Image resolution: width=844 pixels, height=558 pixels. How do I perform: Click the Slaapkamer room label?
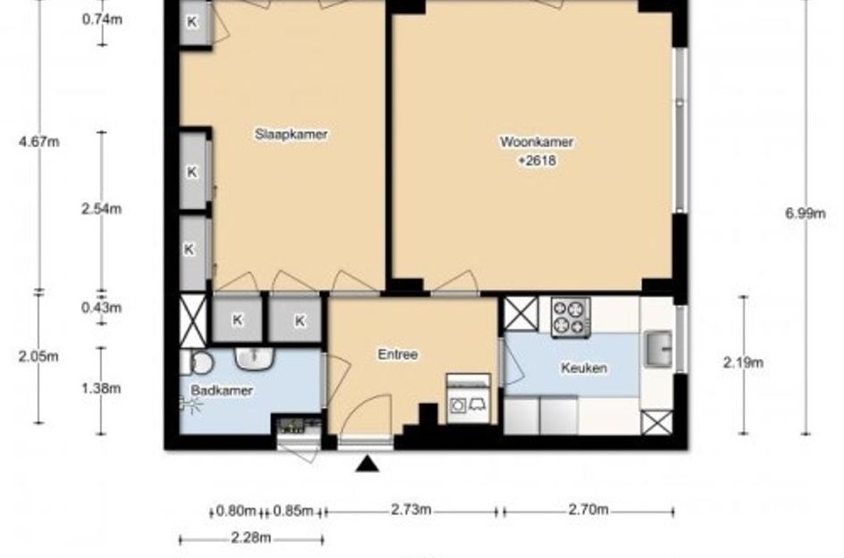[291, 134]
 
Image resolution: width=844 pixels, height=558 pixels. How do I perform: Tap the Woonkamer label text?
[537, 142]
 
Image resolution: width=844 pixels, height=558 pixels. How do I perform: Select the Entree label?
[397, 354]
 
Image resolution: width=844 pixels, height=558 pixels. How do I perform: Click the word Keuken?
[584, 368]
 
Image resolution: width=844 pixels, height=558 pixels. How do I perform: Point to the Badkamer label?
[221, 391]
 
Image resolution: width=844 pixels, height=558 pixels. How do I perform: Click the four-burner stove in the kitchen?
[571, 318]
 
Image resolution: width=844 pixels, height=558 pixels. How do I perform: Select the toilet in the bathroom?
[198, 363]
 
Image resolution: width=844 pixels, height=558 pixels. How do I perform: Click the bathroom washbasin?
[255, 358]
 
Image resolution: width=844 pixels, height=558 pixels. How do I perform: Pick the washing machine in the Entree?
[468, 398]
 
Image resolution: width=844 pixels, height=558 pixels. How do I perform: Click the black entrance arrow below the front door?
[367, 464]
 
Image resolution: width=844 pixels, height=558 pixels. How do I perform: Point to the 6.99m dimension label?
[806, 213]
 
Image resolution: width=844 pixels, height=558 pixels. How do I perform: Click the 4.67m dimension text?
[38, 142]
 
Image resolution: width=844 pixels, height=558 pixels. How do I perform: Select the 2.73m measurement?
[411, 510]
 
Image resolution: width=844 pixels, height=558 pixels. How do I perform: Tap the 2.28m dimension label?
[251, 537]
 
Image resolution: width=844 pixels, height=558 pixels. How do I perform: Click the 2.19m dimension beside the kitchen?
[743, 362]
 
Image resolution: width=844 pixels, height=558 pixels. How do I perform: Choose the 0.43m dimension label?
[101, 308]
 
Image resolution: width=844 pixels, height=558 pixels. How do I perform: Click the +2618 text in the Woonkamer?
[537, 161]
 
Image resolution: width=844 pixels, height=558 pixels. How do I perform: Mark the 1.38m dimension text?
[101, 388]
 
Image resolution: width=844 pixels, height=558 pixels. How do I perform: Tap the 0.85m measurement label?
[293, 510]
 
